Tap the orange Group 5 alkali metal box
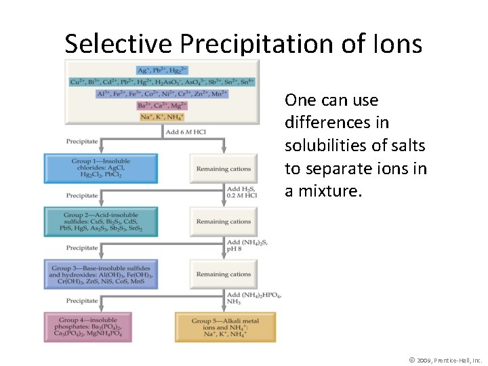(225, 327)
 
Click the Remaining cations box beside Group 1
(224, 169)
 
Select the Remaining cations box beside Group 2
(224, 222)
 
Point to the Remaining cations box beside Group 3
(224, 274)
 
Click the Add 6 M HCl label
(186, 131)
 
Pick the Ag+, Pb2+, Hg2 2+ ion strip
(162, 70)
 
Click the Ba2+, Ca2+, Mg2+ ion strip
(162, 105)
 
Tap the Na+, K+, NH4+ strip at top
(162, 117)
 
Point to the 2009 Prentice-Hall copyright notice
(445, 360)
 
